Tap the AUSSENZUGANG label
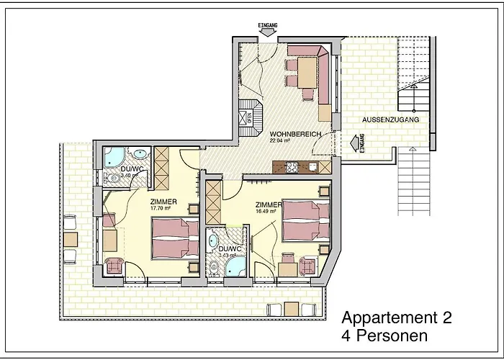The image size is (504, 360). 391,120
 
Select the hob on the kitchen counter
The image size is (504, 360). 293,168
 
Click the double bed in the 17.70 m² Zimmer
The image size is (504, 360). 176,238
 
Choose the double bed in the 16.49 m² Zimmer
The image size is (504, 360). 305,220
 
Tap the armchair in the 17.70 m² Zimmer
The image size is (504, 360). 114,266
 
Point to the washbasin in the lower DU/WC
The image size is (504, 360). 213,240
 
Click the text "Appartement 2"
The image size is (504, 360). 396,318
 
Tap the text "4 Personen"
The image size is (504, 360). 384,336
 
